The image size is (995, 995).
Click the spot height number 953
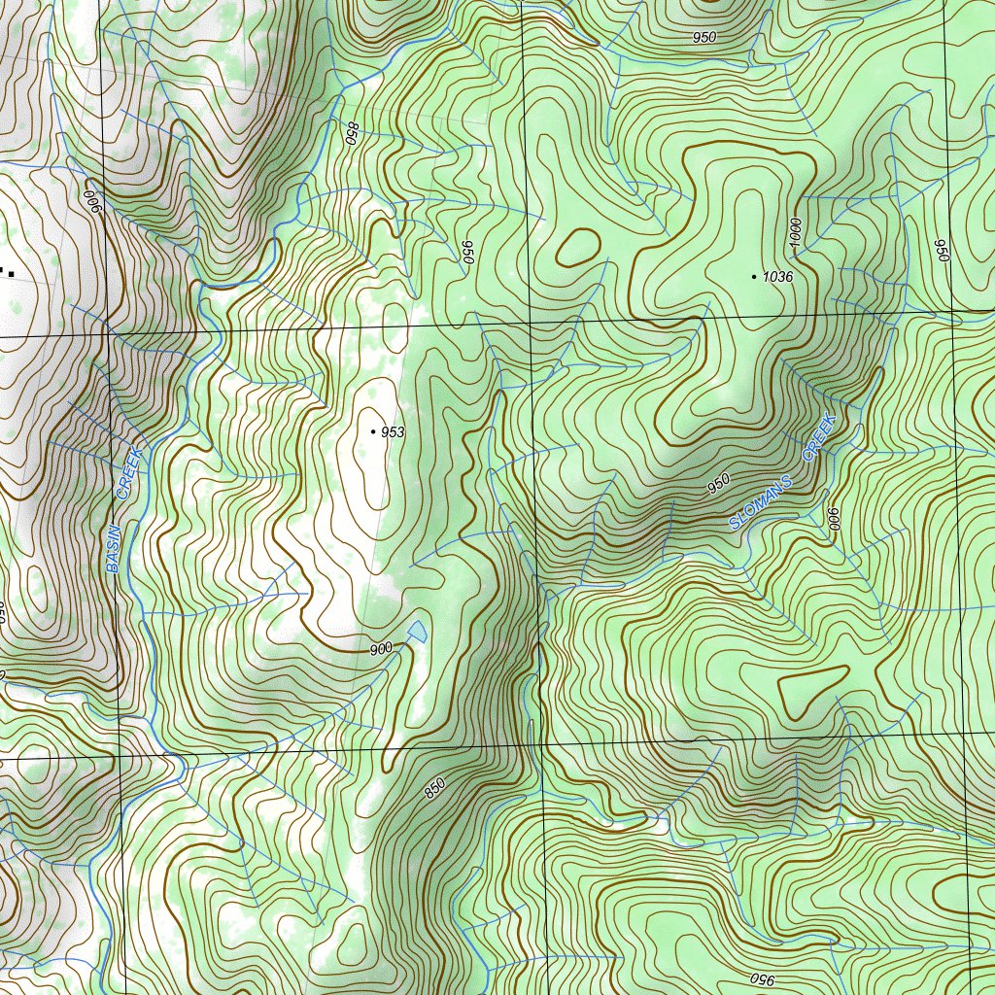(393, 432)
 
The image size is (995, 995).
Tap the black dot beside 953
(373, 430)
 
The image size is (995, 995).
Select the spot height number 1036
(777, 277)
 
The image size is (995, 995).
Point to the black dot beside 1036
(754, 277)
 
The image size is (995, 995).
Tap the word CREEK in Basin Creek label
(129, 474)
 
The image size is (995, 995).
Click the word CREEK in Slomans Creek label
(819, 436)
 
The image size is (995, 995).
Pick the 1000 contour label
(795, 231)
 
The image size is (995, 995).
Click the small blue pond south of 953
(418, 632)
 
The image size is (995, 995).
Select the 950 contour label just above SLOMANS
(718, 484)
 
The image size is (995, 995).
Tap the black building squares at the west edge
(7, 271)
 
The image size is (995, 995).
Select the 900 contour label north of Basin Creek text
(93, 202)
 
